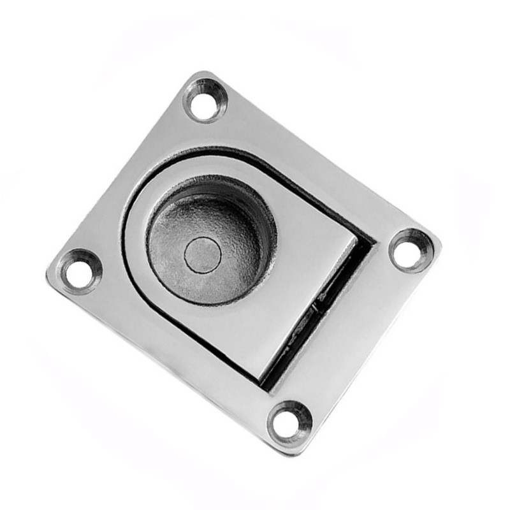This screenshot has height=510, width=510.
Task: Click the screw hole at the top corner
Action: coord(205,100)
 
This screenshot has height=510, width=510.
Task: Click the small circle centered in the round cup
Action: coord(203,256)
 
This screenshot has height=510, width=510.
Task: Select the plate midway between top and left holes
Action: coord(140,185)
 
